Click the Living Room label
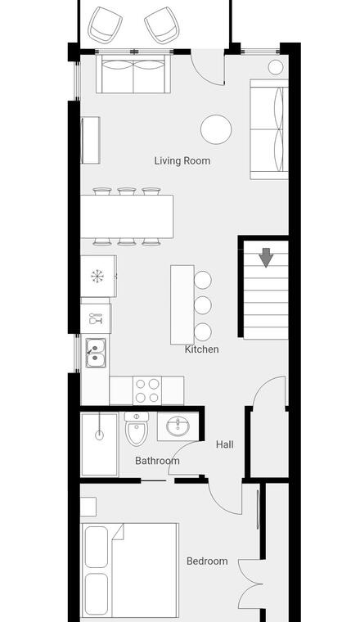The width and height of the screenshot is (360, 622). click(x=182, y=160)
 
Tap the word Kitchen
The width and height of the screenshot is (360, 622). click(x=202, y=349)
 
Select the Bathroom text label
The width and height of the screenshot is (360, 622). click(x=157, y=461)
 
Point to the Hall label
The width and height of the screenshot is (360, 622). click(x=225, y=444)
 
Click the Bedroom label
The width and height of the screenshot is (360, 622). click(x=207, y=561)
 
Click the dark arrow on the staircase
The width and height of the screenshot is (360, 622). click(x=266, y=258)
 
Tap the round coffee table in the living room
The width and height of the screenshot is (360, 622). click(x=216, y=129)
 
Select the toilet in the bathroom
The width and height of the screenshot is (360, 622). click(x=137, y=428)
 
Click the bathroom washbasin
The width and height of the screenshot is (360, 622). click(x=178, y=426)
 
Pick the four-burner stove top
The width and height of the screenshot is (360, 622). click(x=147, y=390)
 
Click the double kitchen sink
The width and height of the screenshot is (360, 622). click(x=96, y=353)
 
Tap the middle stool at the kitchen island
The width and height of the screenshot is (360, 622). click(x=203, y=305)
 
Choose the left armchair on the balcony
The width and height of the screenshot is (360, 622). click(x=105, y=25)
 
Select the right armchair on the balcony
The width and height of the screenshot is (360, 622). click(x=162, y=25)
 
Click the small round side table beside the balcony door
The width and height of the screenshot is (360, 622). click(x=276, y=67)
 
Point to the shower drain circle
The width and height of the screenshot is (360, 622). click(x=100, y=435)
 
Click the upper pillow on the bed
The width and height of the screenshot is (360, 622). click(x=97, y=547)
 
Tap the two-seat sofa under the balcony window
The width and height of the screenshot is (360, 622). click(x=133, y=74)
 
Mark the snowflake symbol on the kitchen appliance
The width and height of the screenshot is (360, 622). click(x=97, y=276)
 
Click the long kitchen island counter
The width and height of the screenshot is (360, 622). click(x=182, y=304)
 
